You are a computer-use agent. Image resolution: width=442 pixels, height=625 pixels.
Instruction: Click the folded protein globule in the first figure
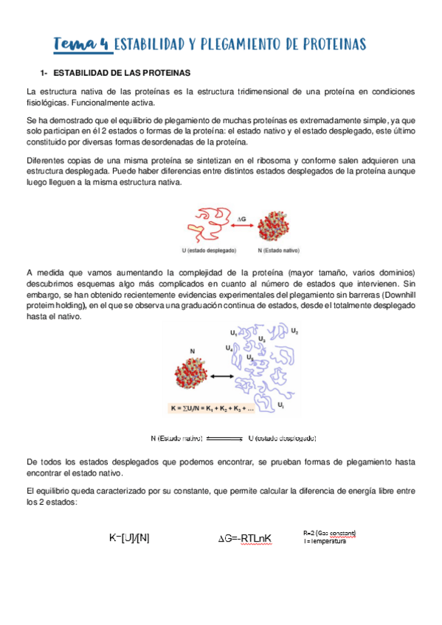277,225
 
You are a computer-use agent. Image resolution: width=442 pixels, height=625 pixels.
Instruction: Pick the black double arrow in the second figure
223,376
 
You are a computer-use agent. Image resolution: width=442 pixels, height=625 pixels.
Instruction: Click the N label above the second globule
193,351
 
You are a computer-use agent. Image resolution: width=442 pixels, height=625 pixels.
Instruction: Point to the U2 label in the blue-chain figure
294,331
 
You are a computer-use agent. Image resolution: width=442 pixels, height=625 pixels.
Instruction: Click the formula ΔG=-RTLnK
245,539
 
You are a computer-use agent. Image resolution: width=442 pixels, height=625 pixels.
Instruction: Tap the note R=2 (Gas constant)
330,532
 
